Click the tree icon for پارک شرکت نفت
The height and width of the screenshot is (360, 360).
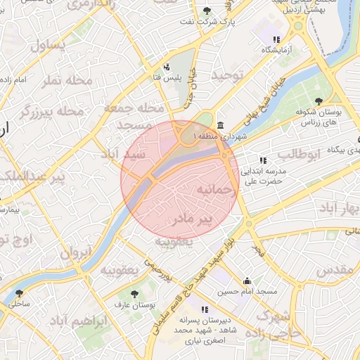click(x=206, y=11)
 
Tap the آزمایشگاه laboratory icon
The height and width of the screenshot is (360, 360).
click(x=276, y=39)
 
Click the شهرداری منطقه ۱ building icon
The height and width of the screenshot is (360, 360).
click(x=221, y=125)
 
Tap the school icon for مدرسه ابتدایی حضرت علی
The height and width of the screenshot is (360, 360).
click(x=263, y=160)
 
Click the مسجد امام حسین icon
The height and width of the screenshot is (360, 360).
click(x=247, y=281)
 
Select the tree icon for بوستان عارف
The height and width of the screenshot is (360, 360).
click(x=134, y=294)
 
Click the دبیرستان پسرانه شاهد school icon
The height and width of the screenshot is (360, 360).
click(x=204, y=309)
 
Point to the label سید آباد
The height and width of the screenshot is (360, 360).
click(x=123, y=153)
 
